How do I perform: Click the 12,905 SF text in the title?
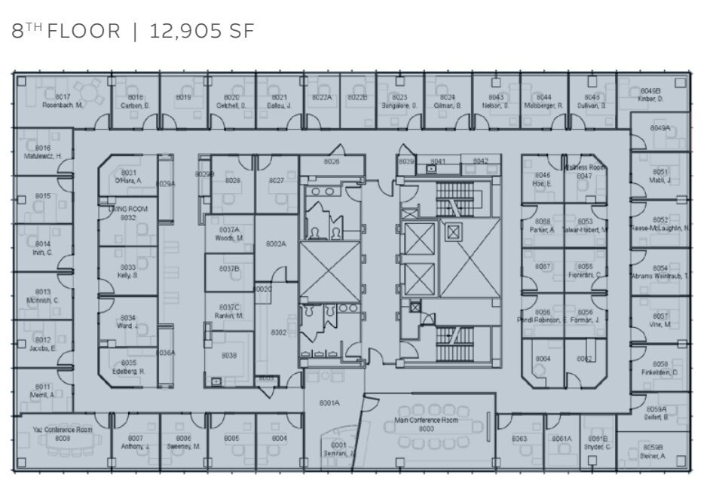pyautogui.click(x=202, y=31)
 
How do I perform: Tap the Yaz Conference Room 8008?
pyautogui.click(x=63, y=433)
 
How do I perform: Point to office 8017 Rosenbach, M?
pyautogui.click(x=63, y=101)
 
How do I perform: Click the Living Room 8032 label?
pyautogui.click(x=127, y=213)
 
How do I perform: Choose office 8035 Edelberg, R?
pyautogui.click(x=128, y=367)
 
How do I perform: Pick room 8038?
pyautogui.click(x=228, y=356)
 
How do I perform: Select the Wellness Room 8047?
pyautogui.click(x=584, y=172)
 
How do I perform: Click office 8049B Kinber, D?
pyautogui.click(x=650, y=95)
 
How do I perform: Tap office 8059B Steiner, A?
pyautogui.click(x=652, y=451)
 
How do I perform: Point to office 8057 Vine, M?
pyautogui.click(x=660, y=320)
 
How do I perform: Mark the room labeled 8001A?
pyautogui.click(x=330, y=403)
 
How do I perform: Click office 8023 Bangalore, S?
pyautogui.click(x=399, y=101)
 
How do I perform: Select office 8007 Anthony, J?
pyautogui.click(x=135, y=442)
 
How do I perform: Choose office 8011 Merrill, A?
pyautogui.click(x=43, y=390)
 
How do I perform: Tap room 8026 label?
pyautogui.click(x=331, y=161)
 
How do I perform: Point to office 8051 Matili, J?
pyautogui.click(x=660, y=176)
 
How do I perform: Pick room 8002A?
pyautogui.click(x=276, y=243)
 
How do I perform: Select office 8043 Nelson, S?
pyautogui.click(x=495, y=101)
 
